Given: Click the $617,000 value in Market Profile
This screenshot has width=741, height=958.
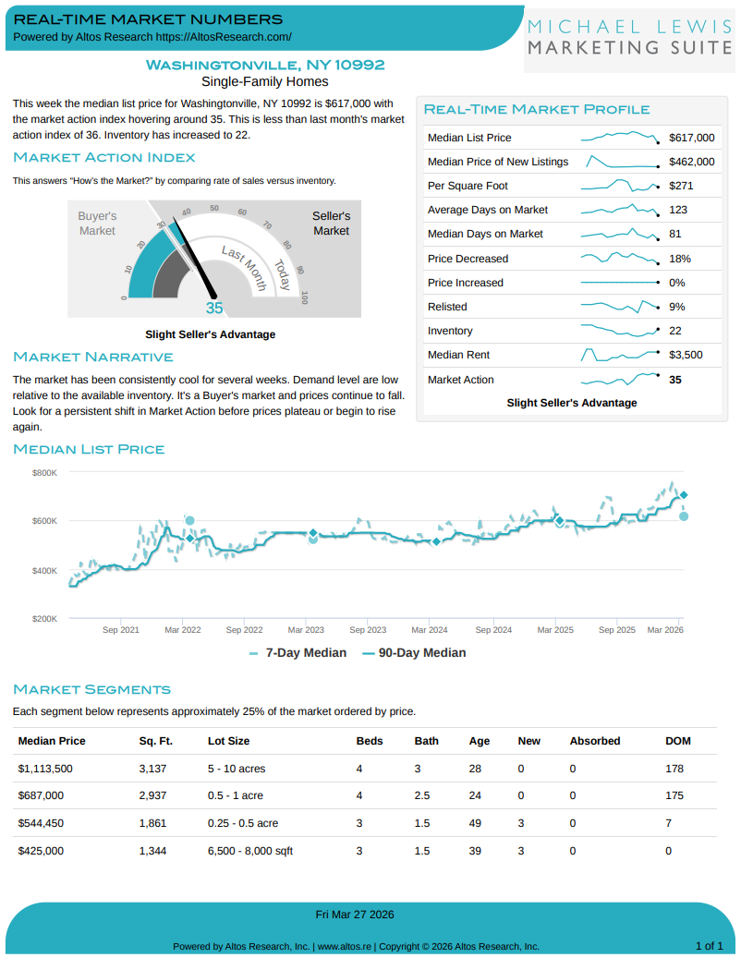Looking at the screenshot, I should [691, 138].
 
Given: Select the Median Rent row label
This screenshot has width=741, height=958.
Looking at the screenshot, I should [458, 355].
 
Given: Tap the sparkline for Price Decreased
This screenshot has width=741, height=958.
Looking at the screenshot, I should [619, 258].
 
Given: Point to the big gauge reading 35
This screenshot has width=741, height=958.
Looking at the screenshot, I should [214, 309].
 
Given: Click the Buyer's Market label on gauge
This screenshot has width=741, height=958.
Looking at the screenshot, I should [97, 223].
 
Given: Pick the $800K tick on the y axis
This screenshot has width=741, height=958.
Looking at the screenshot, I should [44, 472].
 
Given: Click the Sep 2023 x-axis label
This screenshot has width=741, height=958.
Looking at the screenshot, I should [368, 630].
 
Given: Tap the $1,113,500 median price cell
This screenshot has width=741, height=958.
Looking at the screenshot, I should [45, 768].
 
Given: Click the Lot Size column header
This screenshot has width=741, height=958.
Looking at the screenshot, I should [228, 741].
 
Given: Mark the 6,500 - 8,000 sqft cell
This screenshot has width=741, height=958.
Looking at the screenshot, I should [250, 851].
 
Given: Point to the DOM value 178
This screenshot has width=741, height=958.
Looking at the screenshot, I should [674, 768].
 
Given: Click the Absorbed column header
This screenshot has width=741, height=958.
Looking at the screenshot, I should [595, 741].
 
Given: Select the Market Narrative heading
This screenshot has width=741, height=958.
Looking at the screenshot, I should [93, 357].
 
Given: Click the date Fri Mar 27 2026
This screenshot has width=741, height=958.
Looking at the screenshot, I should [355, 915].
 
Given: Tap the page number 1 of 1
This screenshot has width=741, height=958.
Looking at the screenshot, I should [709, 946].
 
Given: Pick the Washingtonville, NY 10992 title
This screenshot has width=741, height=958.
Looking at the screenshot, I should [265, 65].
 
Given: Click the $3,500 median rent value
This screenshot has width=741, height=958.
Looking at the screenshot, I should [686, 355].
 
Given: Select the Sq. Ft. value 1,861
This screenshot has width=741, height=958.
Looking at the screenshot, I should [152, 823].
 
